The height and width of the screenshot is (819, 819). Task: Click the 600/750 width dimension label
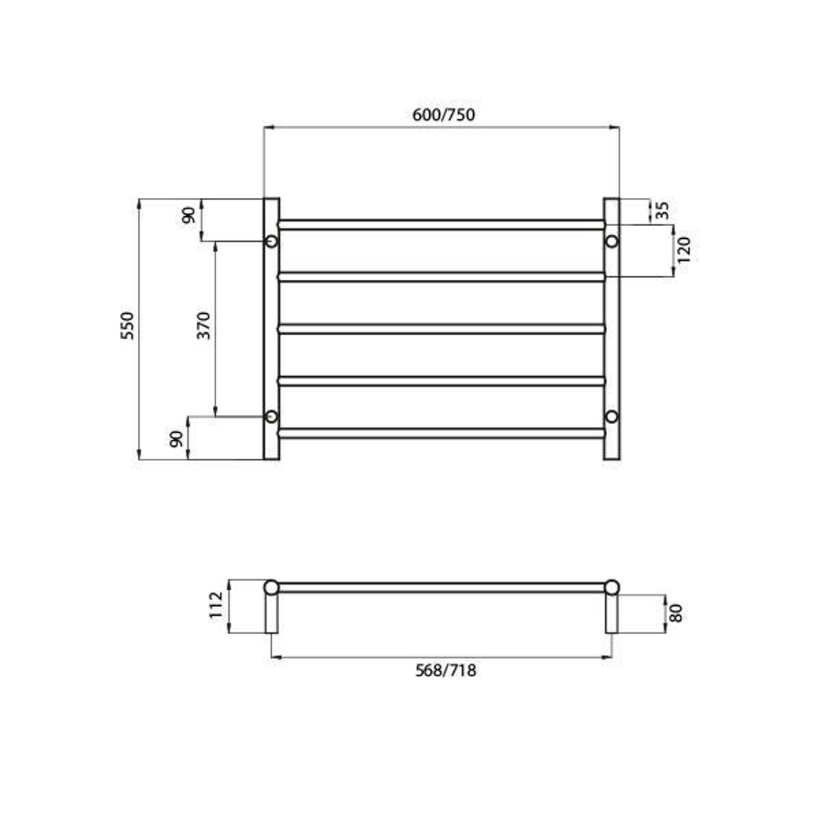pyautogui.click(x=444, y=115)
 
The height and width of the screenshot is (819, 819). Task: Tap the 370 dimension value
pyautogui.click(x=204, y=325)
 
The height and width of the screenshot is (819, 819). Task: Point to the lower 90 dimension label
pyautogui.click(x=176, y=438)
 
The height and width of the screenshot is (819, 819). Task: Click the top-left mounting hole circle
pyautogui.click(x=271, y=242)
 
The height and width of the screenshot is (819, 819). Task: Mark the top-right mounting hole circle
pyautogui.click(x=611, y=242)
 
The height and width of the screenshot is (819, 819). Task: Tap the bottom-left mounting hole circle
pyautogui.click(x=271, y=416)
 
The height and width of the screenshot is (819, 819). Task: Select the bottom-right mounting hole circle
pyautogui.click(x=611, y=416)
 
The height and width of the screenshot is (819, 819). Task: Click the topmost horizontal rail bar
pyautogui.click(x=441, y=224)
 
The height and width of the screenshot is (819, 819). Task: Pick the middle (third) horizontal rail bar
pyautogui.click(x=441, y=329)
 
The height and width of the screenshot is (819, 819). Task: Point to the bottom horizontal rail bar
pyautogui.click(x=441, y=433)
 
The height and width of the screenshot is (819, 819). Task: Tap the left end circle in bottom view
pyautogui.click(x=271, y=587)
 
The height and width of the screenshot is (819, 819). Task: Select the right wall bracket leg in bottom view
pyautogui.click(x=611, y=614)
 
